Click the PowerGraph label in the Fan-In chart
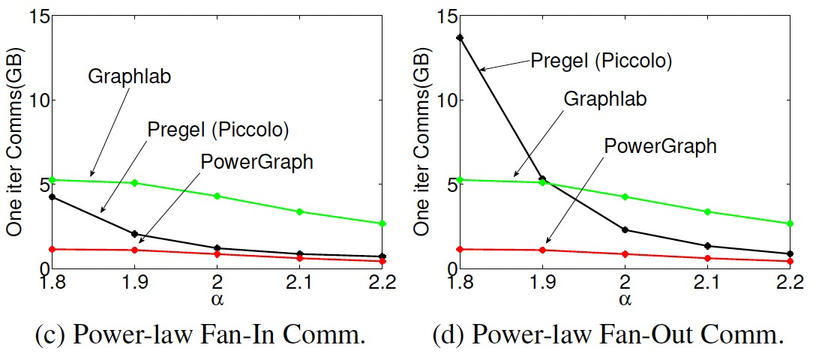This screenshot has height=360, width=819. [256, 160]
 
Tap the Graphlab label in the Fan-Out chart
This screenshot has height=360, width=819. [605, 98]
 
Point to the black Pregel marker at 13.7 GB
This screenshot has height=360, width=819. [460, 37]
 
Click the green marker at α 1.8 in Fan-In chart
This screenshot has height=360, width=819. [52, 180]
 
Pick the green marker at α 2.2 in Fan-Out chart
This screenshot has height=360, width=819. [789, 223]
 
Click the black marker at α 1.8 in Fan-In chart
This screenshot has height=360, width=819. [52, 196]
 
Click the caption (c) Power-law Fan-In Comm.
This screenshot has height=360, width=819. [201, 334]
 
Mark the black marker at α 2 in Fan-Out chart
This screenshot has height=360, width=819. [624, 229]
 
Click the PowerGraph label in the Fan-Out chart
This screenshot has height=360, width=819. [660, 145]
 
